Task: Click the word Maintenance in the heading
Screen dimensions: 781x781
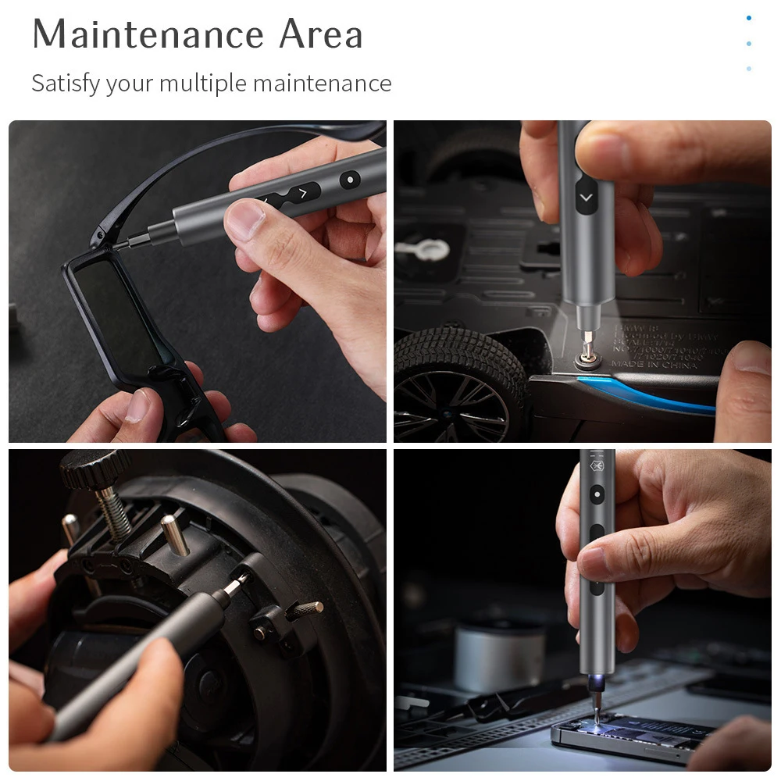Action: pyautogui.click(x=147, y=35)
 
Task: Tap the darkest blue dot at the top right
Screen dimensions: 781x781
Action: pyautogui.click(x=749, y=18)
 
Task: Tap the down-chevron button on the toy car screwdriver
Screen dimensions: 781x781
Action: pyautogui.click(x=586, y=198)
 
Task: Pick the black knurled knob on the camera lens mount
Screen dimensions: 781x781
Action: pyautogui.click(x=96, y=468)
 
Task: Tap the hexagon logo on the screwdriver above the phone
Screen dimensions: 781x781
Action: pyautogui.click(x=597, y=467)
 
